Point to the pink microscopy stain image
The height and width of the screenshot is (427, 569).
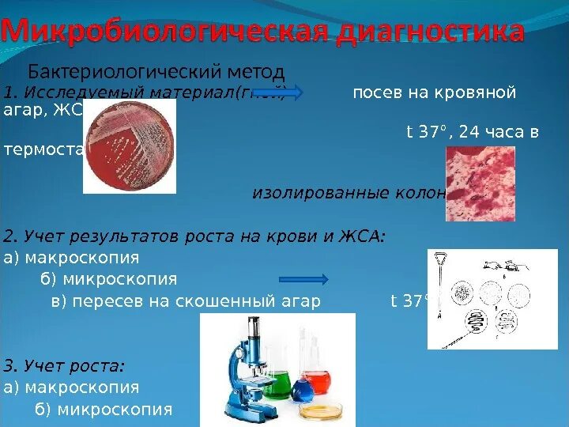(480, 183)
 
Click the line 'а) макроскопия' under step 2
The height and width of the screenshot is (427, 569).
(71, 258)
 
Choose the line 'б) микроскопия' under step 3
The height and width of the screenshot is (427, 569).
(103, 409)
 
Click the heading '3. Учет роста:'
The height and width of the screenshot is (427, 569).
(64, 366)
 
